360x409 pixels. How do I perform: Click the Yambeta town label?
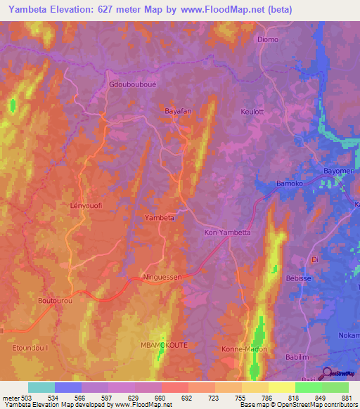click(159, 218)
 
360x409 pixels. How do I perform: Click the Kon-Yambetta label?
click(227, 232)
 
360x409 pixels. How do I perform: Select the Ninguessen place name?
click(162, 277)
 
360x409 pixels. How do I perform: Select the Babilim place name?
click(301, 358)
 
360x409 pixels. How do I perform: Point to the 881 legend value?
click(347, 396)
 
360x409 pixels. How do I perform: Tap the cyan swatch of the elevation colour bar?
click(41, 387)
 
